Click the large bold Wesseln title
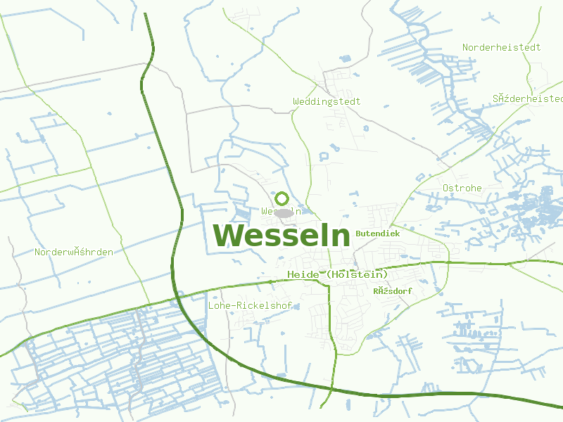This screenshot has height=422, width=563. [x=281, y=236]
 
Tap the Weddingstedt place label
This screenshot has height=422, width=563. [x=327, y=101]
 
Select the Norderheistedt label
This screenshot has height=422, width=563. [x=501, y=47]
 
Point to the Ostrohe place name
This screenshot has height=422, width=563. [x=462, y=188]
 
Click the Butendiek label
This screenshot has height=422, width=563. [x=378, y=233]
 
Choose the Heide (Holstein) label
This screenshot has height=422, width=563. [x=338, y=274]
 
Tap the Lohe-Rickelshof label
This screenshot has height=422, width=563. [x=251, y=306]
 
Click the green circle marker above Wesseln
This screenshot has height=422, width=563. [x=282, y=199]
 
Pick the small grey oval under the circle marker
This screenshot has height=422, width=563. [x=284, y=212]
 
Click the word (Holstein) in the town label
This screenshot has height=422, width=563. [x=357, y=274]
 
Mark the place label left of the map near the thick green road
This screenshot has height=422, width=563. [x=74, y=252]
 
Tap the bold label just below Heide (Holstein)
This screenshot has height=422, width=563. [x=393, y=290]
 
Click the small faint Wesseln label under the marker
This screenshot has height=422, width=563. [x=281, y=211]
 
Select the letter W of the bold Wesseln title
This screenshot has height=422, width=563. [x=229, y=236]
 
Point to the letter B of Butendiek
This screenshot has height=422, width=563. [x=359, y=233]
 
